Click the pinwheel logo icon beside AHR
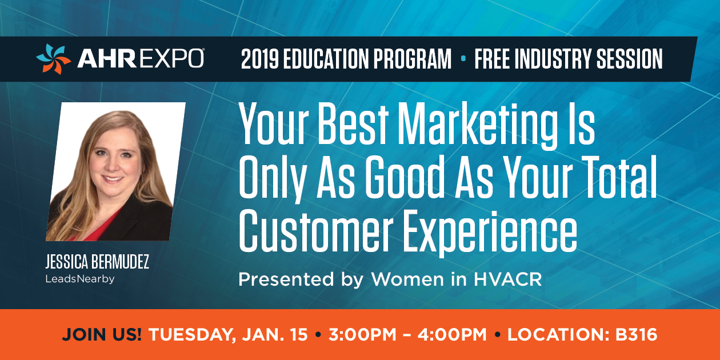pyautogui.click(x=53, y=59)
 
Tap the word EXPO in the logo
pyautogui.click(x=171, y=59)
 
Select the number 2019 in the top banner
pyautogui.click(x=260, y=59)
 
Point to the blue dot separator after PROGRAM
pyautogui.click(x=463, y=58)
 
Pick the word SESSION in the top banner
pyautogui.click(x=629, y=59)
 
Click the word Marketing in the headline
pyautogui.click(x=478, y=126)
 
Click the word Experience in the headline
pyautogui.click(x=490, y=233)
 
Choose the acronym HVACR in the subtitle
pyautogui.click(x=508, y=279)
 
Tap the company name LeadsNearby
pyautogui.click(x=80, y=279)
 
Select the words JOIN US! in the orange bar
pyautogui.click(x=102, y=335)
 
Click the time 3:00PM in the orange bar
pyautogui.click(x=362, y=335)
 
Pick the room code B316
pyautogui.click(x=636, y=335)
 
